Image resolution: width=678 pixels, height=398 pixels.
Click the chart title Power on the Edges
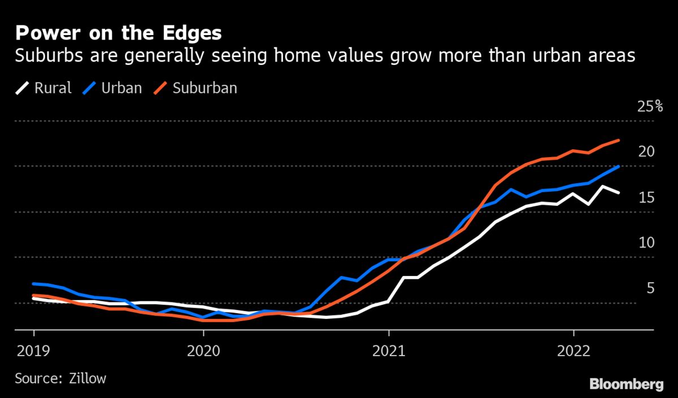click(x=118, y=33)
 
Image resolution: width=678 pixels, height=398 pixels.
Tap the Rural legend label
click(x=53, y=88)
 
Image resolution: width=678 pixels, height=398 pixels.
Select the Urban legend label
click(x=121, y=88)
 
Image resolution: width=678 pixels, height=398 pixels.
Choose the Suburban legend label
click(x=205, y=88)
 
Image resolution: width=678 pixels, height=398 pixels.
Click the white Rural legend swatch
click(x=23, y=88)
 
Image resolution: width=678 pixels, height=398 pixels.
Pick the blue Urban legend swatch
click(x=90, y=88)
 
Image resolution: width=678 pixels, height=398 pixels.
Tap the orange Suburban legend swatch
click(x=162, y=88)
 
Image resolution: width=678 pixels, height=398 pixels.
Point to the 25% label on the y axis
click(x=650, y=106)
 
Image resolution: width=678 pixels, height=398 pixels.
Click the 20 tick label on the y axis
click(x=646, y=152)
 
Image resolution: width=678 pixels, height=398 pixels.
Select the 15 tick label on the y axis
click(x=646, y=197)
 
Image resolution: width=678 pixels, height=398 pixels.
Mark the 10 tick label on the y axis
click(x=646, y=243)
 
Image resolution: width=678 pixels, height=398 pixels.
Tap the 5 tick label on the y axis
click(x=650, y=288)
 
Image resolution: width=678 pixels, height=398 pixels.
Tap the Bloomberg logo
click(x=626, y=384)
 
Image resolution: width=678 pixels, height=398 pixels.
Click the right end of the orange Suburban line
click(x=619, y=140)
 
